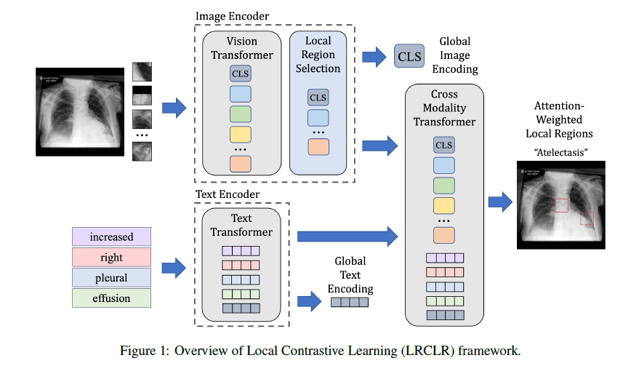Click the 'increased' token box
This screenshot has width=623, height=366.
(111, 236)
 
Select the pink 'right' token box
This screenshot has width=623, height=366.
(111, 257)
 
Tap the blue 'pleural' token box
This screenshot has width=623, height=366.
(111, 277)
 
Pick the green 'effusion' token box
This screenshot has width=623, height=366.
(111, 298)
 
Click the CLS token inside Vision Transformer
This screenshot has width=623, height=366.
(240, 73)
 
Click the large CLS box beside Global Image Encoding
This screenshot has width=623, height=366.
(409, 55)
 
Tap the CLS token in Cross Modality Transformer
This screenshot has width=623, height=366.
(443, 145)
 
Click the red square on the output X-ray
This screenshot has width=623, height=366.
(587, 218)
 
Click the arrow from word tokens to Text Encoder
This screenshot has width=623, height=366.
(172, 266)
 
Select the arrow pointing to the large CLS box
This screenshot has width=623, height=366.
(374, 55)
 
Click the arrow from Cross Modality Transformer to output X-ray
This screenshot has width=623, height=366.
(499, 202)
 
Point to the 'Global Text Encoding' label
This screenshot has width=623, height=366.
(350, 274)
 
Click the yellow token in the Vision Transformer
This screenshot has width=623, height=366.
(240, 134)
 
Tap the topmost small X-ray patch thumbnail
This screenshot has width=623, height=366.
(142, 72)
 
